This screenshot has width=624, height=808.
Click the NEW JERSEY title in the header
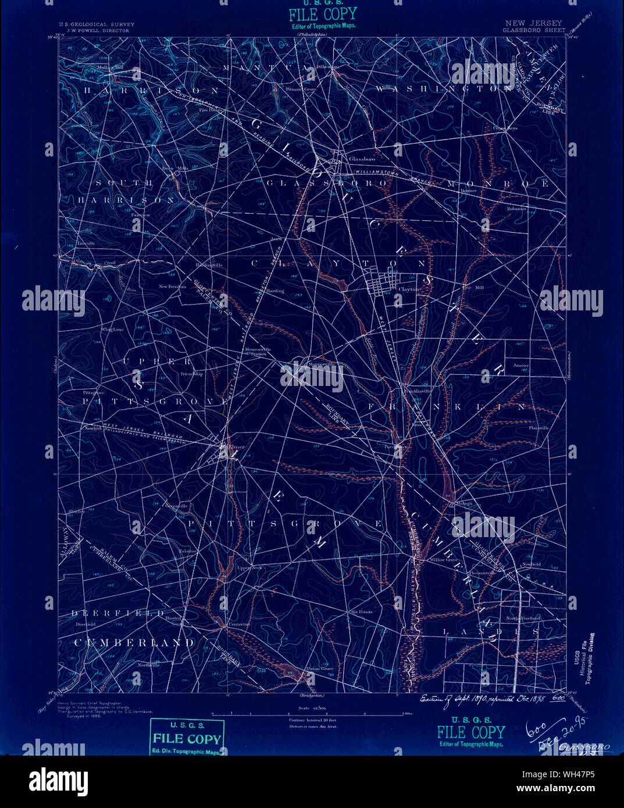click(526, 23)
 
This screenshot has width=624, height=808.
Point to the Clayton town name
click(408, 288)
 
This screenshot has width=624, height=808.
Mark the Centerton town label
click(237, 624)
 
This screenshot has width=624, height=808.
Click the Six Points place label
click(361, 612)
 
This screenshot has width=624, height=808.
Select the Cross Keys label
click(505, 128)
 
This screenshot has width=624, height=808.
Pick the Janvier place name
click(521, 366)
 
